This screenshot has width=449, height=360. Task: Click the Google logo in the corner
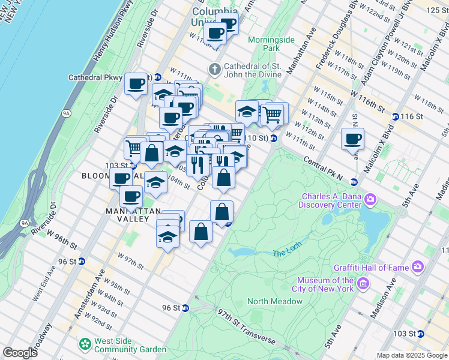click(x=20, y=353)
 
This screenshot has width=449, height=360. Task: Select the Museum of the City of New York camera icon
click(x=363, y=283)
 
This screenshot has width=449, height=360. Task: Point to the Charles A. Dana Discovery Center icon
click(x=371, y=199)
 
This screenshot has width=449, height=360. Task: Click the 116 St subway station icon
click(x=395, y=116)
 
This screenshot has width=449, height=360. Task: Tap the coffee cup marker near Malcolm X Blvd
click(x=352, y=139)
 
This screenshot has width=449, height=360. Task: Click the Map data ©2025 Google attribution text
click(x=411, y=355)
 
